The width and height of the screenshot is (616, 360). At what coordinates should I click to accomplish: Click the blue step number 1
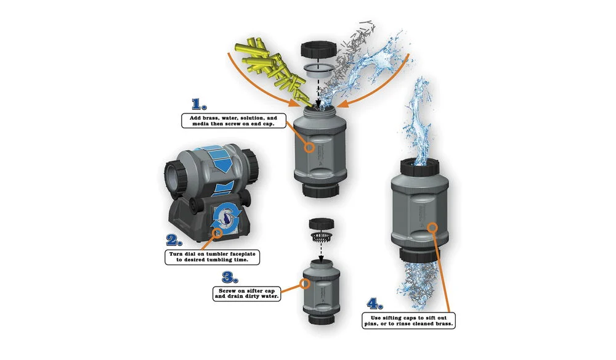(199, 104)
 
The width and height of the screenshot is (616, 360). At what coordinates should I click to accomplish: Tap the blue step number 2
(174, 240)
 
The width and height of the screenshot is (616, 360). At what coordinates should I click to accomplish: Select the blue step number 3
(230, 277)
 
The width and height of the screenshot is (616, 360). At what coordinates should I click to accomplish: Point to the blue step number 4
(375, 303)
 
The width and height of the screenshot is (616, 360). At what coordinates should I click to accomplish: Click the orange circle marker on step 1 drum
(310, 147)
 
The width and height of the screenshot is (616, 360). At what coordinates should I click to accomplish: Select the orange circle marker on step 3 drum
(304, 284)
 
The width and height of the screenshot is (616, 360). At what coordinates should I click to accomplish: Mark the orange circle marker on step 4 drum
(432, 227)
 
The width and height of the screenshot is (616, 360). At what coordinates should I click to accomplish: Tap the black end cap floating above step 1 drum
(319, 49)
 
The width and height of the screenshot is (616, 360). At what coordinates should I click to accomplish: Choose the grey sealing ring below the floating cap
(318, 70)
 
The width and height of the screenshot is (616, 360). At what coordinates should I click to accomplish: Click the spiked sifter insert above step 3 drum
(322, 237)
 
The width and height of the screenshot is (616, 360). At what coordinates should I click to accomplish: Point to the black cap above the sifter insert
(322, 224)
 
